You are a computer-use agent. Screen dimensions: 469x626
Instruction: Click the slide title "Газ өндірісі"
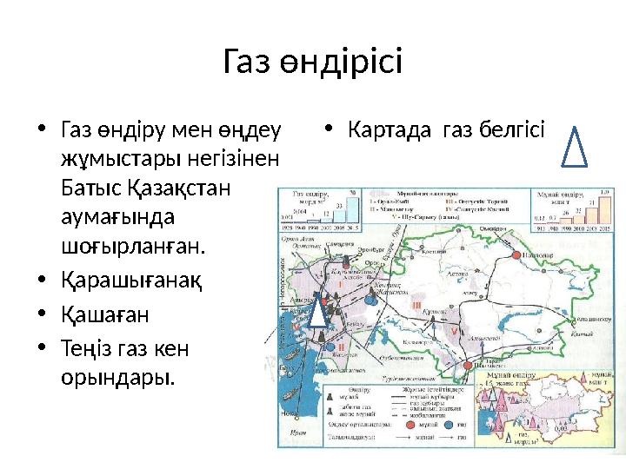click(x=313, y=63)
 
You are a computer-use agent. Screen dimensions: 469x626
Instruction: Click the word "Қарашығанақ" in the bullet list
click(x=130, y=283)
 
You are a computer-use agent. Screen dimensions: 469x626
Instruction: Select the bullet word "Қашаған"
click(x=104, y=314)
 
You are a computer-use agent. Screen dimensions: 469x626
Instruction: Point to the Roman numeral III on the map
click(x=416, y=306)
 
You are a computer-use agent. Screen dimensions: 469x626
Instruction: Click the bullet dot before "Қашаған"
click(x=43, y=314)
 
